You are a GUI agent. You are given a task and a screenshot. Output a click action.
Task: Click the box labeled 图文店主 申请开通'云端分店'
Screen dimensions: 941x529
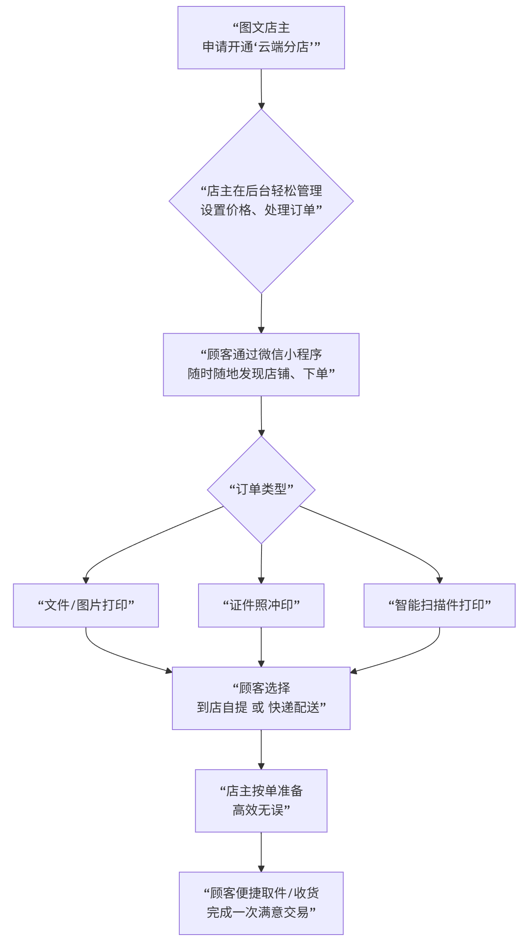click(261, 38)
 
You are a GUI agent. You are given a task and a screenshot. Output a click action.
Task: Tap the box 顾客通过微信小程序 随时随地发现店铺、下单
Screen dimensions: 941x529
click(261, 364)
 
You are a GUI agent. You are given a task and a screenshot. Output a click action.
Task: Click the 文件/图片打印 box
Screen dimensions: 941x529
click(86, 605)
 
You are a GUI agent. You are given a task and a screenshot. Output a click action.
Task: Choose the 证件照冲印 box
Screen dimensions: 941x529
click(261, 605)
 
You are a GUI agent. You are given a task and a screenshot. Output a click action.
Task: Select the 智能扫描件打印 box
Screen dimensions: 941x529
click(440, 605)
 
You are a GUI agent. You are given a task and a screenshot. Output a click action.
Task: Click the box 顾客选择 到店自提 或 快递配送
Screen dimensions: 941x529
click(261, 698)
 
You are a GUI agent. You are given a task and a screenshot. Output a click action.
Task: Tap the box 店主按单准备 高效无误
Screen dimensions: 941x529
click(261, 801)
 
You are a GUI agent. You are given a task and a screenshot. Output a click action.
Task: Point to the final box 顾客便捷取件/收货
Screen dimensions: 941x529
click(261, 903)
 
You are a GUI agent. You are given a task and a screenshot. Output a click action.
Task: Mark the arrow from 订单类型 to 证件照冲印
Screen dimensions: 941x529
click(261, 564)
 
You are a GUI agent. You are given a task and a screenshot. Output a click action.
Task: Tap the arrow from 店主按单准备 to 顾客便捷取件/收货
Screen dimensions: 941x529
click(261, 852)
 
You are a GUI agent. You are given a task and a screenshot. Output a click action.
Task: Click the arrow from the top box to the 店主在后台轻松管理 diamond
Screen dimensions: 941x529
click(261, 89)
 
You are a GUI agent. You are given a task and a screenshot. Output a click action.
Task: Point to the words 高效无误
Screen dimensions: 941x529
click(258, 810)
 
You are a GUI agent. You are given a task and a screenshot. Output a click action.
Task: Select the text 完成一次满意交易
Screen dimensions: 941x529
click(257, 913)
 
